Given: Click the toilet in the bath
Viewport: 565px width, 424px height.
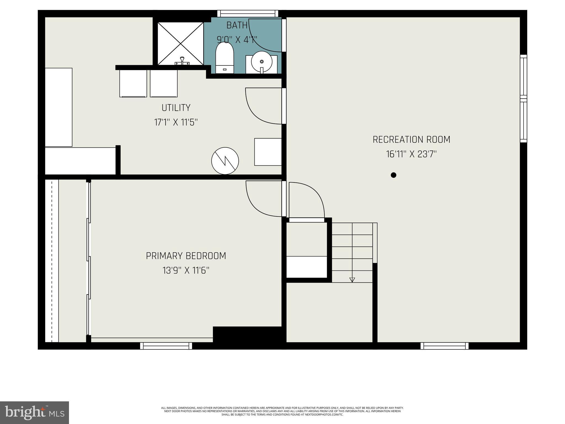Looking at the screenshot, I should tap(224, 58).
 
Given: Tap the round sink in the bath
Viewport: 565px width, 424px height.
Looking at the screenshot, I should tap(262, 62).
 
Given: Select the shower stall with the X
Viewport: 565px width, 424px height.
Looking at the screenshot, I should tap(180, 44).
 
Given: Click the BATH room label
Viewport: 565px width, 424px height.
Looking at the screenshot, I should tap(237, 25).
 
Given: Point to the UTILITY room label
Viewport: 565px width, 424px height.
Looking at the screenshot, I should tap(176, 108).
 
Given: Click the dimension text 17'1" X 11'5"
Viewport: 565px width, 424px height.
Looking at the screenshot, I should tap(176, 122).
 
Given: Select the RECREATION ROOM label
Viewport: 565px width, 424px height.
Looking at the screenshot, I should tap(411, 140).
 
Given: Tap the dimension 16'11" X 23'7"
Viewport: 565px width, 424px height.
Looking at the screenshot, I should tap(411, 154).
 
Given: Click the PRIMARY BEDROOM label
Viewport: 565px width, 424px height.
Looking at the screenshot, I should tap(186, 256).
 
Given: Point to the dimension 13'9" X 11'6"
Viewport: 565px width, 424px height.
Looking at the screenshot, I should tap(186, 271).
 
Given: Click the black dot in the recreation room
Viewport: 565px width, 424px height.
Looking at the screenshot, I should tap(394, 175).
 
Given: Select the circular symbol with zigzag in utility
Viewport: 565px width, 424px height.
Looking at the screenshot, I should tap(225, 161).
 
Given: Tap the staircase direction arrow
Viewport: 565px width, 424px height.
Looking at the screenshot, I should tap(352, 280).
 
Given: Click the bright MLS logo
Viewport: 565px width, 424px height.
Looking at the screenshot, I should tap(34, 412).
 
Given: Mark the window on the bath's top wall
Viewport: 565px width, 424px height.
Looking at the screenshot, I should tap(247, 14).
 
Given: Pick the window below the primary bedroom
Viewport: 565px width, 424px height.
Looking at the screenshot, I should tap(166, 346).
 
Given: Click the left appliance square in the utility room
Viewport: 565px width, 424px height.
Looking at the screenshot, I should tap(133, 83).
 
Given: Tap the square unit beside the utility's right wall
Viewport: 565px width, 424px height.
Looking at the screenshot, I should tap(268, 152).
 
